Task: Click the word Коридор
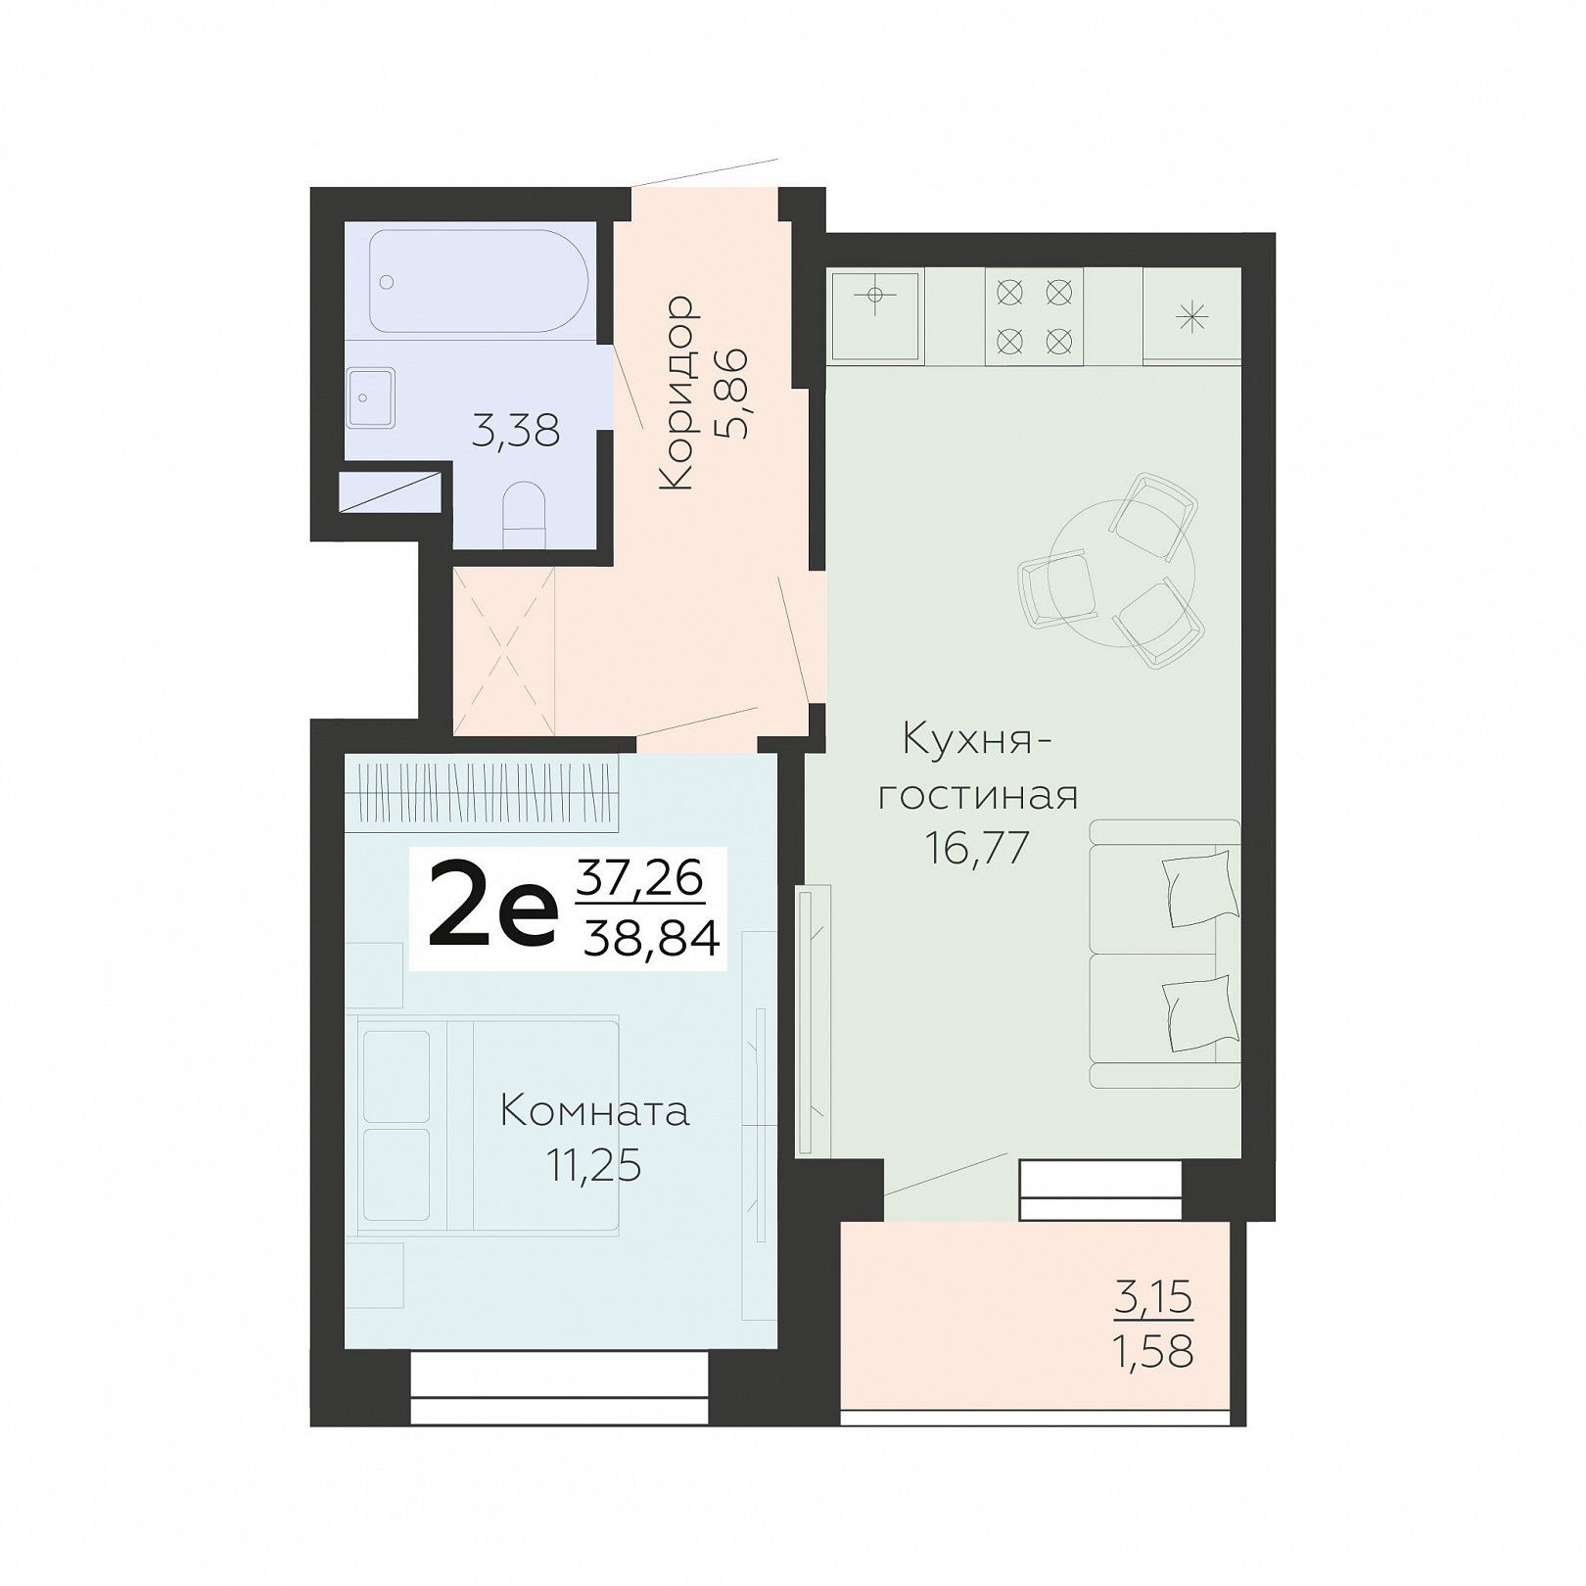[x=677, y=393]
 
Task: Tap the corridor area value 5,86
[x=732, y=393]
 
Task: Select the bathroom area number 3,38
[x=516, y=431]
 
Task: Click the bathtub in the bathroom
[x=479, y=281]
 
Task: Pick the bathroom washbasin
[x=370, y=397]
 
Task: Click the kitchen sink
[x=876, y=315]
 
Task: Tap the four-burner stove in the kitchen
[x=1035, y=316]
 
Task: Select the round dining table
[x=1121, y=574]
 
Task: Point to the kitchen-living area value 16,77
[x=978, y=848]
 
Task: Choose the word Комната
[x=595, y=1111]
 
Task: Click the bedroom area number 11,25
[x=593, y=1166]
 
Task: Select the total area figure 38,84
[x=652, y=940]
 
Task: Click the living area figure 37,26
[x=640, y=877]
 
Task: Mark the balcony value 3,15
[x=1154, y=1298]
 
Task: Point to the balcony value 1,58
[x=1153, y=1352]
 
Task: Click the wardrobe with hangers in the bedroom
[x=483, y=792]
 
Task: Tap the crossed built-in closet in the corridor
[x=504, y=651]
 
